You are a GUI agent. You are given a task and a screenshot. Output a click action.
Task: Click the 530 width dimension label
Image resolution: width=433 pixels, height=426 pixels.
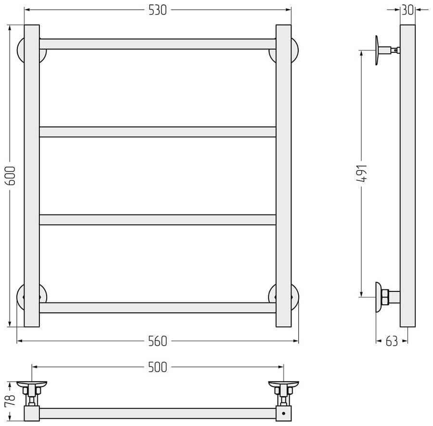pos(158,11)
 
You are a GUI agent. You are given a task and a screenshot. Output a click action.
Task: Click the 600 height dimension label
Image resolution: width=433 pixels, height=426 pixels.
pos(11,175)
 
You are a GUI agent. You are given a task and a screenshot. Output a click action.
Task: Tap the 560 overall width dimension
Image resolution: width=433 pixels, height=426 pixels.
pos(158,341)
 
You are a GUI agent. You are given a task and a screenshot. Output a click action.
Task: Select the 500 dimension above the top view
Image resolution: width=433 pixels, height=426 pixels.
pos(158,367)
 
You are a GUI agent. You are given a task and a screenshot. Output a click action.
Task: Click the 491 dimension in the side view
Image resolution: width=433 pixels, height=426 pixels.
pos(361,173)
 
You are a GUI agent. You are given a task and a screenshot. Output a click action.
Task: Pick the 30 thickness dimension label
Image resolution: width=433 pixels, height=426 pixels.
pos(408,11)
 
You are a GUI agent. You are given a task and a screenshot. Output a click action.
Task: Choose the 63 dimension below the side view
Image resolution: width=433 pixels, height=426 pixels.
pos(392,341)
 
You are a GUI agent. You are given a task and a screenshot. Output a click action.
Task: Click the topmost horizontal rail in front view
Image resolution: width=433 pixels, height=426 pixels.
pos(158,44)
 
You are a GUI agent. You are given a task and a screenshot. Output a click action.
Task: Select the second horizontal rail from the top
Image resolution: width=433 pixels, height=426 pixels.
pos(158,132)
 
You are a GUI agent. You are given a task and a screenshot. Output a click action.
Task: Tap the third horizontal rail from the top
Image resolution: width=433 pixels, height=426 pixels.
pos(158,220)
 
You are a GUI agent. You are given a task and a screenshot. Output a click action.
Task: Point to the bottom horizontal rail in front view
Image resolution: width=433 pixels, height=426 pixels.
pos(158,308)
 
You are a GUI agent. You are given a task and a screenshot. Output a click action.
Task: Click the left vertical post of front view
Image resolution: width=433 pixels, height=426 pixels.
pos(32,176)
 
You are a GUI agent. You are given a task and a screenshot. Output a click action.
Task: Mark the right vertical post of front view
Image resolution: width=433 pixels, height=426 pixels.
pos(283,176)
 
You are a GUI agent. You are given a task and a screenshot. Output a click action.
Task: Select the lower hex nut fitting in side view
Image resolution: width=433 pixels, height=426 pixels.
pos(385,297)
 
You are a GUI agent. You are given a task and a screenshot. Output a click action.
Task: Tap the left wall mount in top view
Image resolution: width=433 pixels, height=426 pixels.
pos(31,394)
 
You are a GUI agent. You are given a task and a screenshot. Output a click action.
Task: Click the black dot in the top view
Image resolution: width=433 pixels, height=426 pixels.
pos(283,413)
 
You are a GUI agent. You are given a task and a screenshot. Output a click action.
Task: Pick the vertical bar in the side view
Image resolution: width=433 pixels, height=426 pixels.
pos(408,176)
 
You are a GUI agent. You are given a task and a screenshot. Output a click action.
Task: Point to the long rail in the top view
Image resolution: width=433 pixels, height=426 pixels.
pos(158,413)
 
